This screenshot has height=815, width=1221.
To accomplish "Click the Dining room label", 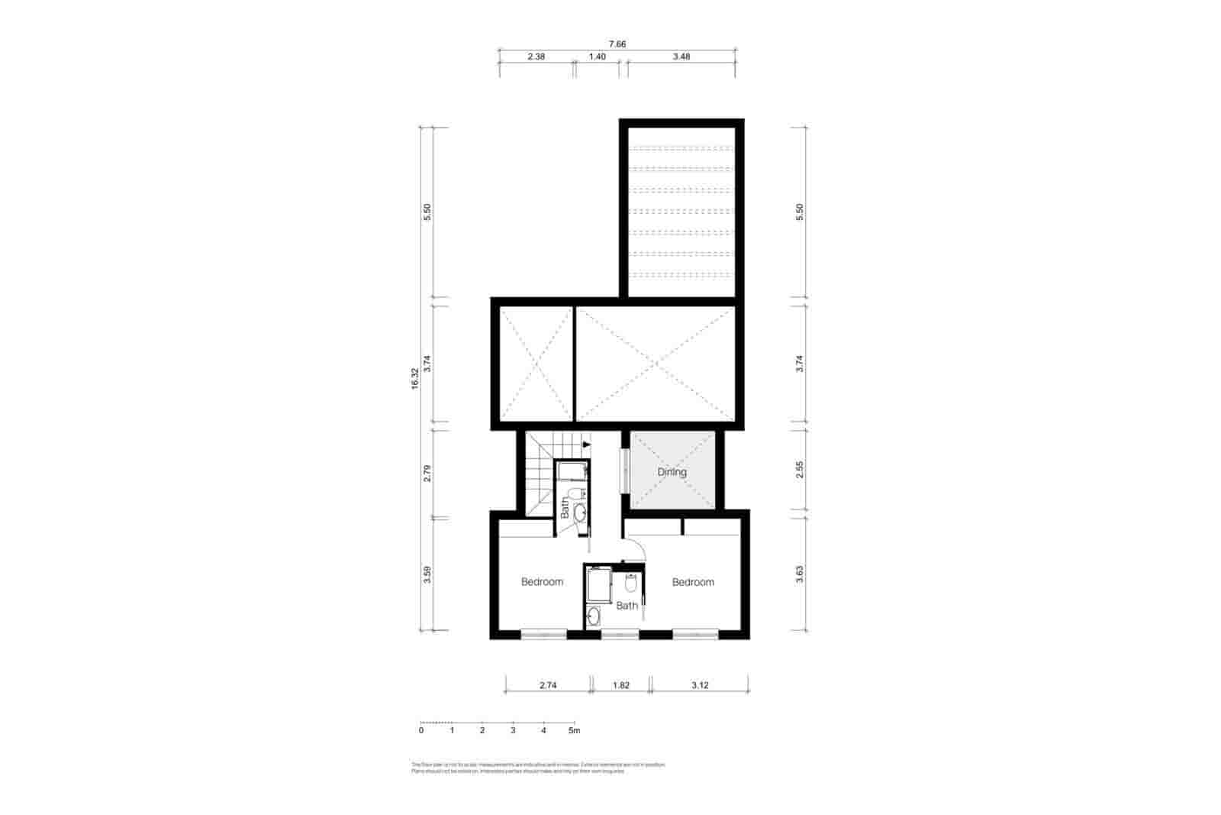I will pos(672,472).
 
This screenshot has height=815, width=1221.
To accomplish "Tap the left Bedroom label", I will pos(542,582).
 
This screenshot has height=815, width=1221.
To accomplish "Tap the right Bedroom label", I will pos(693,582).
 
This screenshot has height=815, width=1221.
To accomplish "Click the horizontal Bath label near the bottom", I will pos(627,606).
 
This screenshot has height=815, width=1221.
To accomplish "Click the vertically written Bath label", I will pos(565,509).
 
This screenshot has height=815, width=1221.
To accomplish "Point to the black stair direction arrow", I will pos(586,444).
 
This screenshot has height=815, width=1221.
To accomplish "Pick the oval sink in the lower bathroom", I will pos(594,615).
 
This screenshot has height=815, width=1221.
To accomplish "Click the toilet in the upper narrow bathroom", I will pos(576,493).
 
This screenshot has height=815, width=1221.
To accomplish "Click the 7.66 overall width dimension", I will pos(617,44).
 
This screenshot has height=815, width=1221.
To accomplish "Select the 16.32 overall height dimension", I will pos(415,379).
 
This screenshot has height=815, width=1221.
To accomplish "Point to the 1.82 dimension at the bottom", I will pos(621,685).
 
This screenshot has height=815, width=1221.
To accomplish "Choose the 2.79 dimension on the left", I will pos(427,473).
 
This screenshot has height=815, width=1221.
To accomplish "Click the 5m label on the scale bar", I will pos(575,731).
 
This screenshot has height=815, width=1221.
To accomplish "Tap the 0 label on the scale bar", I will pos(421,731).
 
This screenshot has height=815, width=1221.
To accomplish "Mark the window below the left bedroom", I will pos(543,633).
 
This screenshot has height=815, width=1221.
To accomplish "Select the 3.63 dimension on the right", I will pos(799,574).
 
